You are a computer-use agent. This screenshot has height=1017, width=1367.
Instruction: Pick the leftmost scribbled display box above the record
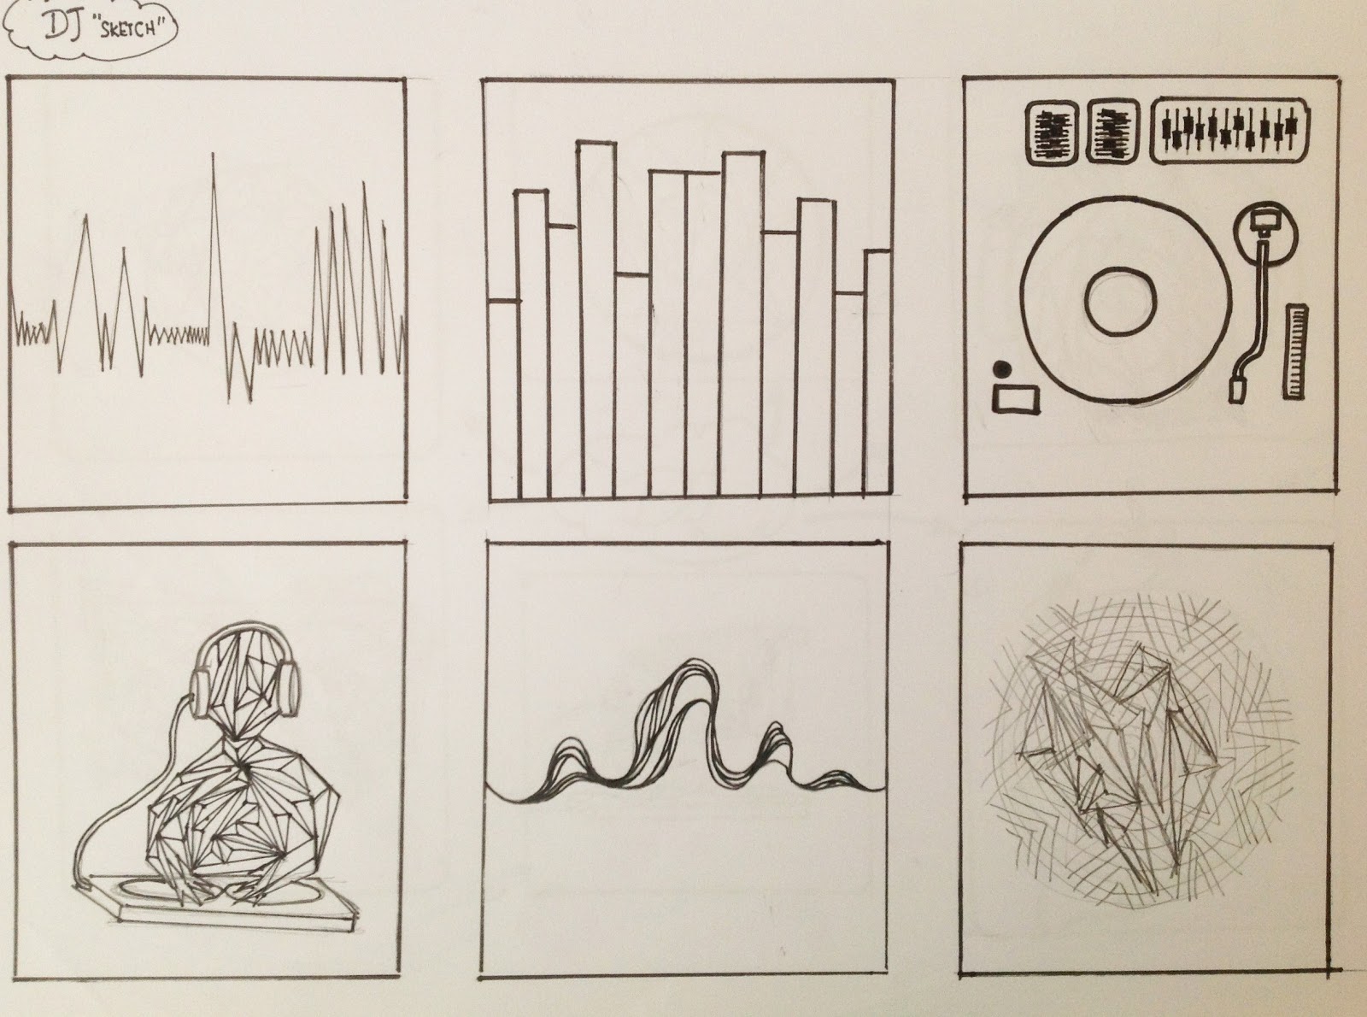point(1051,132)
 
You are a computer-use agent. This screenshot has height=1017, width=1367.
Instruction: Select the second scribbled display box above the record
point(1112,132)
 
